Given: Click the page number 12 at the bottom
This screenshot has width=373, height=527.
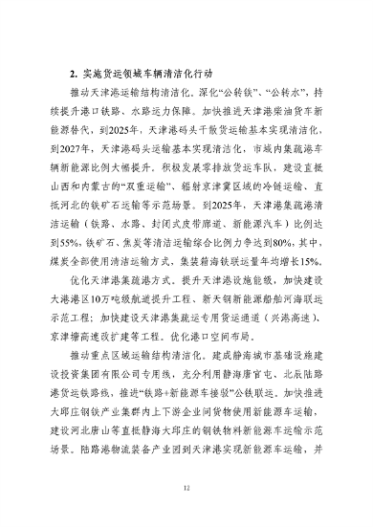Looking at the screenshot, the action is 187,488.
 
